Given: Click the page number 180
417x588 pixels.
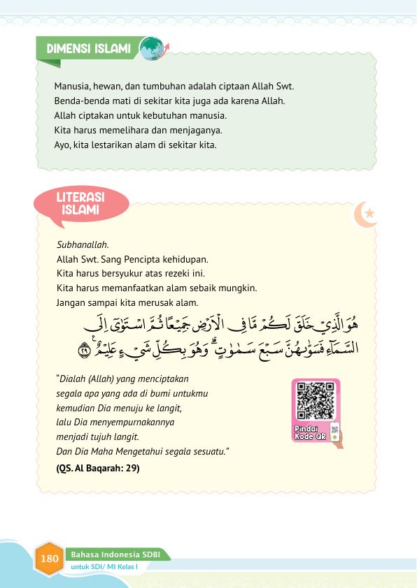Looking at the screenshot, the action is click(x=49, y=559).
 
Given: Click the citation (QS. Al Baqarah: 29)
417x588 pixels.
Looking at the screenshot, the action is click(x=97, y=468).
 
